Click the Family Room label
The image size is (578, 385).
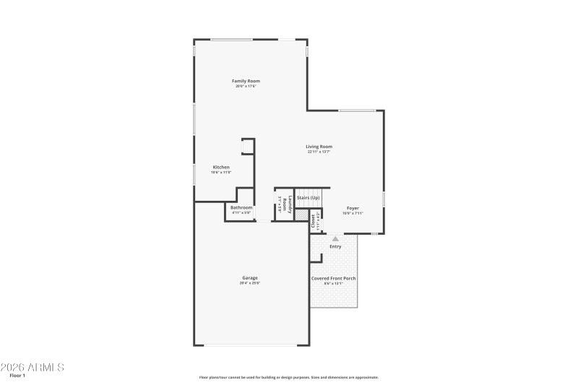246,81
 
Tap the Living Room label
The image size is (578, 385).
319,147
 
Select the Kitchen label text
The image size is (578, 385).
221,167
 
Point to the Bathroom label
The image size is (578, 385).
241,207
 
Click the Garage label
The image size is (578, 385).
250,277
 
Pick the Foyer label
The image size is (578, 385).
353,208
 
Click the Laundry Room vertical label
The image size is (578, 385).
290,205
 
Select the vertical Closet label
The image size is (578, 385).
313,221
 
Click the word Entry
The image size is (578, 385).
335,246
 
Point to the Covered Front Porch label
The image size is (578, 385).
333,278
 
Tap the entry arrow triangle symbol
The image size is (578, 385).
335,238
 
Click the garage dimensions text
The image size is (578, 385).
250,283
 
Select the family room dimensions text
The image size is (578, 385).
246,86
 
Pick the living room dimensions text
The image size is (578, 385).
319,152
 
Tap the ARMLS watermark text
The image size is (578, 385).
33,367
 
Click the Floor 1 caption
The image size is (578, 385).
17,376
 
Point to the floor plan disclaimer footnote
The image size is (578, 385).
289,377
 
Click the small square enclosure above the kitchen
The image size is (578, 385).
248,147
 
